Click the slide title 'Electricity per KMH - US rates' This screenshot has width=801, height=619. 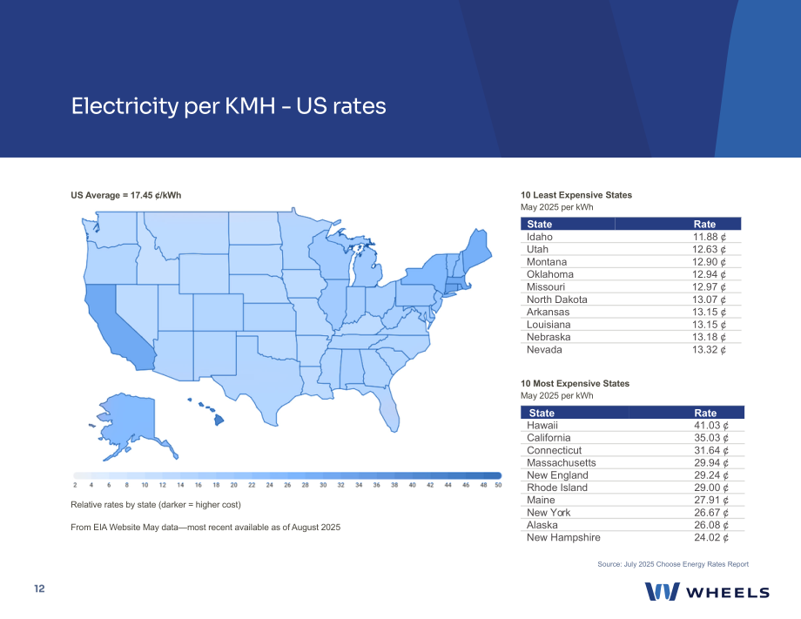228,106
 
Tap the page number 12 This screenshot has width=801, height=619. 39,589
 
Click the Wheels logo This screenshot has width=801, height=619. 707,591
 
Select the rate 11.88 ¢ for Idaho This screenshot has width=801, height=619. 710,237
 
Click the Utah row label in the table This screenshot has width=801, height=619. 537,249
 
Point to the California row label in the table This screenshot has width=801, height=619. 549,438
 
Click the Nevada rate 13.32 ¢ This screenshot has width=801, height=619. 710,350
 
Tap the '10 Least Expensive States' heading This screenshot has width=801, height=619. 576,195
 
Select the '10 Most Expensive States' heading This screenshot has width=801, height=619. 576,384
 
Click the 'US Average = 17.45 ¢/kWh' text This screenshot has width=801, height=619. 126,195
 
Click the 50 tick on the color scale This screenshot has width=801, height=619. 498,485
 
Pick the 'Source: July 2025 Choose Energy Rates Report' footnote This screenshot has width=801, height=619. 673,564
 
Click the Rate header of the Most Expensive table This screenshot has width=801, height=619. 705,413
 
